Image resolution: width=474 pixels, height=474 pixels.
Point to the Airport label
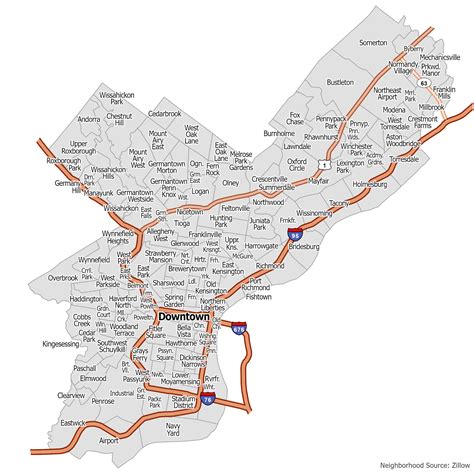click(108, 439)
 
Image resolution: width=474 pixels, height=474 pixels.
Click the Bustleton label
click(340, 82)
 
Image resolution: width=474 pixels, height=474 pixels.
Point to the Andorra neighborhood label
click(89, 119)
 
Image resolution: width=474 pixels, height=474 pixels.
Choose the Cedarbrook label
click(164, 114)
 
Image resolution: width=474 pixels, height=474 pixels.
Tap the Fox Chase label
click(295, 120)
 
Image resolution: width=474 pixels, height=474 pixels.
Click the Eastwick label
click(72, 423)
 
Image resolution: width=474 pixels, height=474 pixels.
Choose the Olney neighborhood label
click(231, 183)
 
